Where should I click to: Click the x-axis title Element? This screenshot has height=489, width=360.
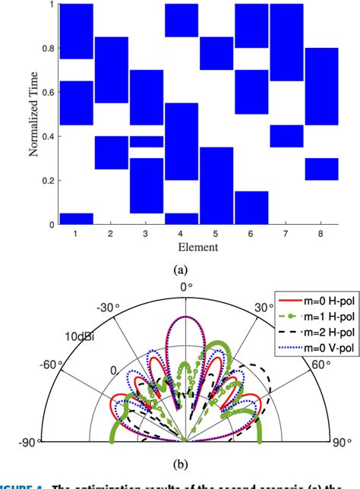200,247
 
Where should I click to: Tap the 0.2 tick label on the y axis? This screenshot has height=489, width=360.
47,181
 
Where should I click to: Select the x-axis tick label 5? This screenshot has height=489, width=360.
216,235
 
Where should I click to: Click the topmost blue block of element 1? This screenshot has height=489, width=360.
76,31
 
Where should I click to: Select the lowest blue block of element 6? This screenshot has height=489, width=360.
251,207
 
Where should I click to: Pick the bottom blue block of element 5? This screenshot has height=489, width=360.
216,185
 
